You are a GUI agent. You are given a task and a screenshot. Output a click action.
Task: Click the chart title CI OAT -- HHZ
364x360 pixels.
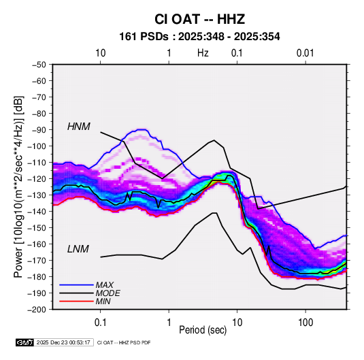(x=199, y=19)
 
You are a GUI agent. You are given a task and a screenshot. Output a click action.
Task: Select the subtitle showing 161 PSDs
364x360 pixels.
(x=199, y=37)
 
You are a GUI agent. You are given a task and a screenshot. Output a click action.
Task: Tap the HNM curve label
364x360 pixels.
(x=79, y=127)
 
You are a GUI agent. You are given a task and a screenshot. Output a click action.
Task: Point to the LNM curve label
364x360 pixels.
(x=78, y=249)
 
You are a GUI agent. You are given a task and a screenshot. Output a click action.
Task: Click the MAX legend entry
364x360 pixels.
(x=105, y=285)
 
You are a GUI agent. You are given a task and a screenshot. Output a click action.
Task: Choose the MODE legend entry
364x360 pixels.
(x=108, y=293)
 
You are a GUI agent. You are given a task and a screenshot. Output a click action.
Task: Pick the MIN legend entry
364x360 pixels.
(x=103, y=301)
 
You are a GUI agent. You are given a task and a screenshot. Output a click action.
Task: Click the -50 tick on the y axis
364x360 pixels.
(x=39, y=65)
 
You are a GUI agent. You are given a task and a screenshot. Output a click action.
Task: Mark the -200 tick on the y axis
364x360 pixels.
(x=37, y=310)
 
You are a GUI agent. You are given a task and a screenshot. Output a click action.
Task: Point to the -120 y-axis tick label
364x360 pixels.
(x=37, y=179)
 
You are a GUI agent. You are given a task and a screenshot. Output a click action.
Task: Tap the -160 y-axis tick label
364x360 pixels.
(x=37, y=244)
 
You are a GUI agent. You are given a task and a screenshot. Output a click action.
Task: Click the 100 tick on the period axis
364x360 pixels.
(x=305, y=323)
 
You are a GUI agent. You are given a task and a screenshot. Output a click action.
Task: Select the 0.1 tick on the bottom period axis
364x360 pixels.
(x=100, y=323)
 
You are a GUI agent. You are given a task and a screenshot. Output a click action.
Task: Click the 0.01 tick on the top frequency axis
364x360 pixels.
(x=305, y=53)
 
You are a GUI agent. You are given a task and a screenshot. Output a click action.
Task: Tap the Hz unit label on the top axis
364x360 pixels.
(x=203, y=53)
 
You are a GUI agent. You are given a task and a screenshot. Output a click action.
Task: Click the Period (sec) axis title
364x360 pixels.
(x=203, y=330)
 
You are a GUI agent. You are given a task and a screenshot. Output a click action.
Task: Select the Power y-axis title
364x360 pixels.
(x=18, y=186)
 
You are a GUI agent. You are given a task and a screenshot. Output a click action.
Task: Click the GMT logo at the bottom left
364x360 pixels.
(x=24, y=342)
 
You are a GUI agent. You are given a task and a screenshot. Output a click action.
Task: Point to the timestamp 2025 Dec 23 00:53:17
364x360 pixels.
(x=63, y=342)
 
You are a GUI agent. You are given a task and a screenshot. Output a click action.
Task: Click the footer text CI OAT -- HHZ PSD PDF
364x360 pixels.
(x=124, y=342)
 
